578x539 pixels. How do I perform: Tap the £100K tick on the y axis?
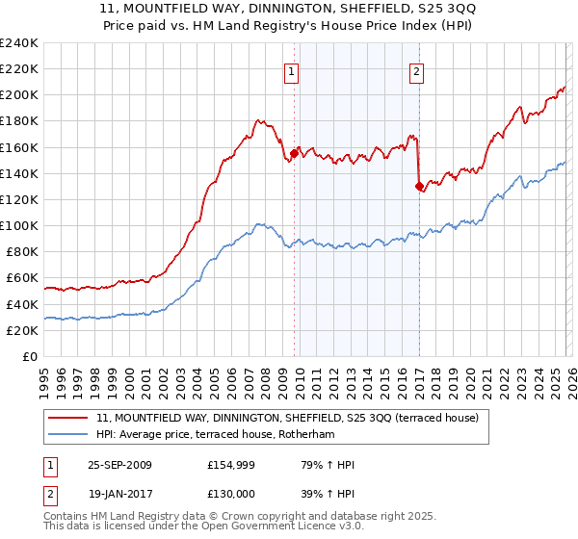[19, 225]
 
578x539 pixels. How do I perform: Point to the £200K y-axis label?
[19, 95]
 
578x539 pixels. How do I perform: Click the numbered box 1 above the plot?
[291, 70]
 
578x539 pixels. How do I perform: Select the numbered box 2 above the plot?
[416, 70]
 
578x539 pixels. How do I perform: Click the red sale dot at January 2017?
[419, 187]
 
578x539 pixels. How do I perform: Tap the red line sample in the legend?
[68, 417]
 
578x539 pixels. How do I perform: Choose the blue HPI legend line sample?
[68, 433]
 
